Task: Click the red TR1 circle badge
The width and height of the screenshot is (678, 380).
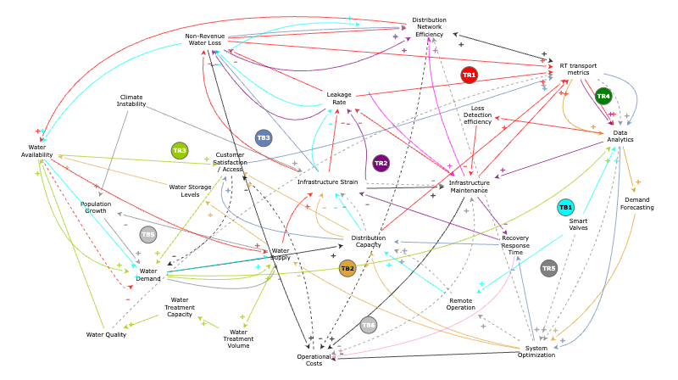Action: (469, 75)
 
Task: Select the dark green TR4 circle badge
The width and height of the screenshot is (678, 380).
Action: (603, 96)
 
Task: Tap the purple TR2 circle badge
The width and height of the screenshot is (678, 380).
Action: (381, 163)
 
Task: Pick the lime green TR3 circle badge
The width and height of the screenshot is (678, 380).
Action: (180, 151)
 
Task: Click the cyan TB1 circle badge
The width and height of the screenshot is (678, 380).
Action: (565, 207)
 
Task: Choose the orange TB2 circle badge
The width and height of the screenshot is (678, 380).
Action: (347, 268)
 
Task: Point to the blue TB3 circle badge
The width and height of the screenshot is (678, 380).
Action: (264, 137)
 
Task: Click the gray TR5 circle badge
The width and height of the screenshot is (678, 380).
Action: (548, 268)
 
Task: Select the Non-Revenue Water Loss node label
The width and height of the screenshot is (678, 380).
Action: (209, 41)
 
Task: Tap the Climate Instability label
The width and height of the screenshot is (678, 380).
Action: (131, 100)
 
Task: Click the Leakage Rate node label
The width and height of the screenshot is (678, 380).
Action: (339, 98)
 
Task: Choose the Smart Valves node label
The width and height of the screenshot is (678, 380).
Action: (579, 223)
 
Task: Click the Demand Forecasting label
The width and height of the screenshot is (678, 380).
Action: (636, 203)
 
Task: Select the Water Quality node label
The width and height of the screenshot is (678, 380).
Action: (106, 334)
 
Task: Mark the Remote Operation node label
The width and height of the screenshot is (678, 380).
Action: (461, 304)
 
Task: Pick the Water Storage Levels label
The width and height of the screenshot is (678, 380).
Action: (190, 191)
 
